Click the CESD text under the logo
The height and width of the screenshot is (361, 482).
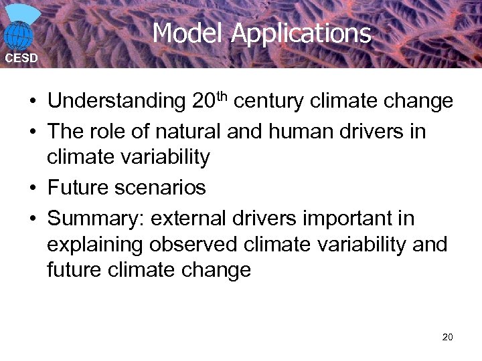21,58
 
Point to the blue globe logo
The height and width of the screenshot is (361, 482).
19,33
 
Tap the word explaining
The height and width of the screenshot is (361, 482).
94,245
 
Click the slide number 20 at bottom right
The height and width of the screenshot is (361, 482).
447,337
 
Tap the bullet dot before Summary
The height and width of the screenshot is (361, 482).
32,219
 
